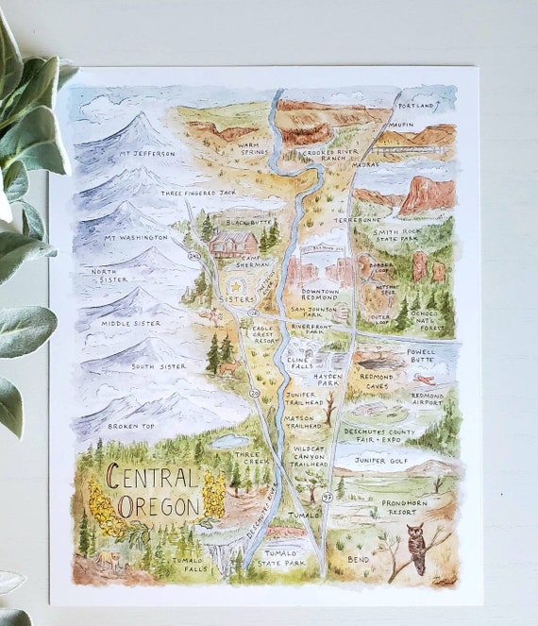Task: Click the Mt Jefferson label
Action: (146, 153)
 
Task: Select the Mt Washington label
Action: (140, 238)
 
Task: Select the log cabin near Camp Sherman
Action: (233, 243)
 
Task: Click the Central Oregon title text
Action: (152, 492)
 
